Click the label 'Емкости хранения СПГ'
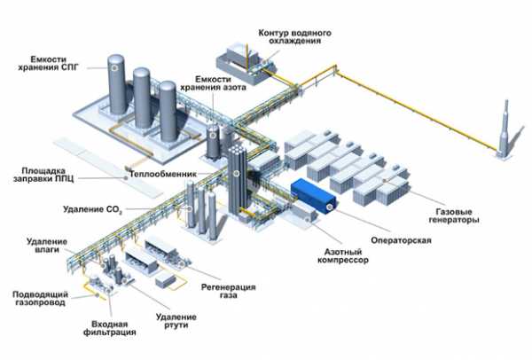(x=48, y=63)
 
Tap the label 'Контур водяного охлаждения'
(x=295, y=37)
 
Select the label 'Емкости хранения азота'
(x=213, y=83)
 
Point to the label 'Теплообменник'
(x=163, y=175)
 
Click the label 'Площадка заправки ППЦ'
(x=43, y=175)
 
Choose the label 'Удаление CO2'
(x=92, y=209)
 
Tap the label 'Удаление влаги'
(x=47, y=246)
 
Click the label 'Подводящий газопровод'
(x=41, y=298)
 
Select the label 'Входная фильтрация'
(x=110, y=328)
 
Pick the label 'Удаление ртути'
(x=176, y=321)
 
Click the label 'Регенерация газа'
(x=229, y=291)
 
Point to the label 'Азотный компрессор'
(x=343, y=256)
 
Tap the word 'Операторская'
(x=401, y=240)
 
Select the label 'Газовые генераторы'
(x=454, y=215)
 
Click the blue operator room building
(x=314, y=196)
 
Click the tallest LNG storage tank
(x=117, y=85)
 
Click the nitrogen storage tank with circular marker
(x=213, y=142)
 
